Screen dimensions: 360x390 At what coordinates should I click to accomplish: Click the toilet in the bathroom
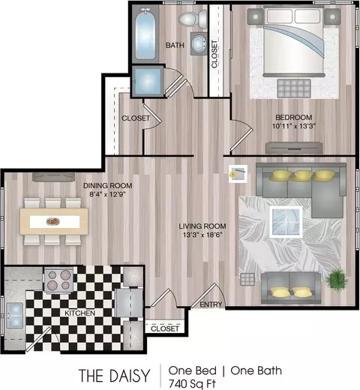point(193,19)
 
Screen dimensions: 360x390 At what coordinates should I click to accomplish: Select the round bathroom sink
point(199,43)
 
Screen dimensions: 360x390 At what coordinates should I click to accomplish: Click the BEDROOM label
point(294,117)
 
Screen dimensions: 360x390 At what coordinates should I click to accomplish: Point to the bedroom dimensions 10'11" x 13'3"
point(294,126)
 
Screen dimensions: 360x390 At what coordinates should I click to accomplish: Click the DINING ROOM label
point(107,185)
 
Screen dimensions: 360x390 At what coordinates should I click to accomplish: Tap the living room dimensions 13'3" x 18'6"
point(202,235)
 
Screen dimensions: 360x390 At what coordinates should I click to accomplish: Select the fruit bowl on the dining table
point(52,221)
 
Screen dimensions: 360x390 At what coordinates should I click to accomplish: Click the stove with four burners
point(59,280)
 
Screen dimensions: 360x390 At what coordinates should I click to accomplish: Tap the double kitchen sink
point(15,315)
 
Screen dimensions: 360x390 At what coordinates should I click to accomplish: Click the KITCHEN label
point(79,313)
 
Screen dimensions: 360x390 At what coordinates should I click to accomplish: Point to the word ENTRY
point(211,304)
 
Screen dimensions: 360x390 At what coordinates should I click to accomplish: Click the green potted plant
point(336,279)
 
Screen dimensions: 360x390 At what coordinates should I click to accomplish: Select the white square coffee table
point(286,222)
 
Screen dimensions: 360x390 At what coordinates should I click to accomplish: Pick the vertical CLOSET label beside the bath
point(214,54)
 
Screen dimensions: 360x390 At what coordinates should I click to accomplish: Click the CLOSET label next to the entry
point(165,328)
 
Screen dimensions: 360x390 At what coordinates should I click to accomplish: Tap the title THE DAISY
point(114,376)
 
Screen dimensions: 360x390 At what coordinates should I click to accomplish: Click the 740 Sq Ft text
point(192,384)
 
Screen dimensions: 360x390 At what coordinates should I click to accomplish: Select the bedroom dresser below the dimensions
point(294,148)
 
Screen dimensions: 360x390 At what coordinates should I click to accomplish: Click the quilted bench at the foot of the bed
point(294,88)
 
